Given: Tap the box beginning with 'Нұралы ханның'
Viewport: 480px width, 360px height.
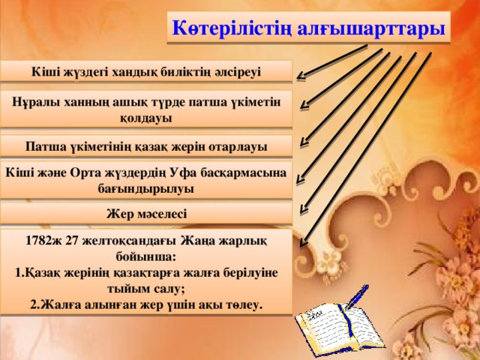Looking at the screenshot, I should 146,109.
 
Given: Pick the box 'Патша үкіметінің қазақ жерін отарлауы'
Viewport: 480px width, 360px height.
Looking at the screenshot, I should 146,145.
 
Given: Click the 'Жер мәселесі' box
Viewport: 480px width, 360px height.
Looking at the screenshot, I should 146,214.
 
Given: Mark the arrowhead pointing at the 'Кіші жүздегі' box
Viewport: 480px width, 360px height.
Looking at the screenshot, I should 299,75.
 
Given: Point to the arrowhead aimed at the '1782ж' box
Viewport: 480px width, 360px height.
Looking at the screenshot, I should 302,243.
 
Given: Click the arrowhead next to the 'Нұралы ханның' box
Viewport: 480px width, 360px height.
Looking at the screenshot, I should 302,108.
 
